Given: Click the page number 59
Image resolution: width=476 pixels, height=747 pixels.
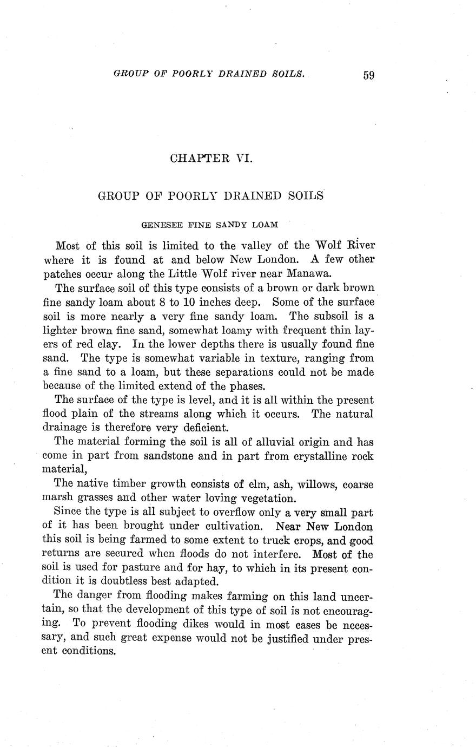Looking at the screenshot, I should [x=368, y=75].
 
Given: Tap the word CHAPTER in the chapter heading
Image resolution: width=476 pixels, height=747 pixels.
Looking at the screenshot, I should [x=196, y=158].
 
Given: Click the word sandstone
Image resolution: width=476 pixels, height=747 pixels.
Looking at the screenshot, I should [x=168, y=456].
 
